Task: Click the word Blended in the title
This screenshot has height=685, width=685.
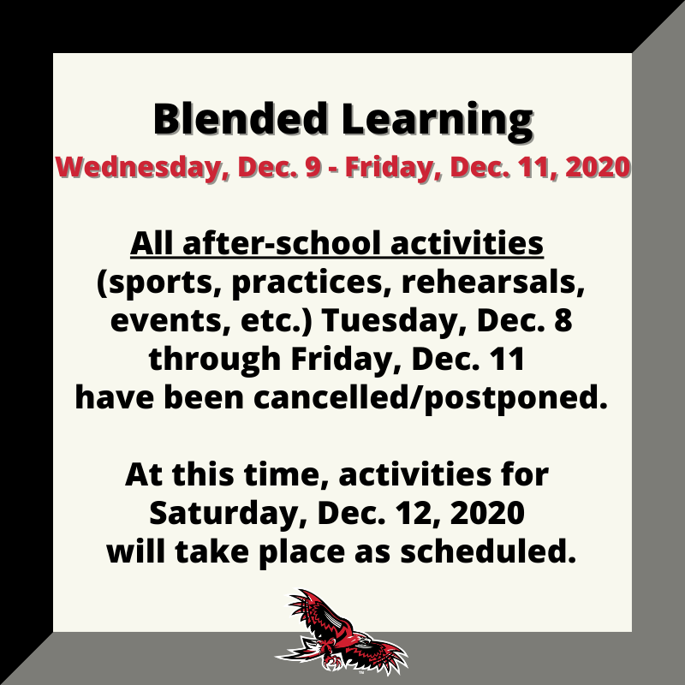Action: [241, 118]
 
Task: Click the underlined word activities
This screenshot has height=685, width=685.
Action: [467, 243]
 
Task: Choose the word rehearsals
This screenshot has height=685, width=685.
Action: [493, 283]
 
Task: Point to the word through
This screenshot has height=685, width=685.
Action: [215, 359]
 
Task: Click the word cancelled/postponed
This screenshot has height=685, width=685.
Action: [431, 398]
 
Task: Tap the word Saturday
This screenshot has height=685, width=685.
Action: [227, 513]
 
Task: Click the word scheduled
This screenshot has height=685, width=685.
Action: [488, 551]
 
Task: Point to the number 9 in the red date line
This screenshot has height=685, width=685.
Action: [313, 167]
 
